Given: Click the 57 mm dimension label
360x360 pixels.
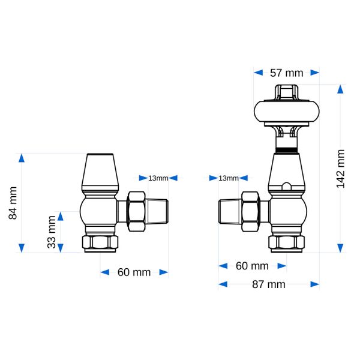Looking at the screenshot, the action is pos(286,73).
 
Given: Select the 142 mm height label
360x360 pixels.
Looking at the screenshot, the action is pos(340,169).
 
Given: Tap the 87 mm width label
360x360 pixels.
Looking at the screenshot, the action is pos(269,284).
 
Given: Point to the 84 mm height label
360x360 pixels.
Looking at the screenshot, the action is pos(13,203).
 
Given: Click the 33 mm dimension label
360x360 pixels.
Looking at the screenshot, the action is pos(52,232).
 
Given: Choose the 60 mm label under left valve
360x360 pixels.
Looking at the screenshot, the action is pos(134,272).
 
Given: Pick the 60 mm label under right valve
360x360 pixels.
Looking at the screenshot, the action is pos(252,266).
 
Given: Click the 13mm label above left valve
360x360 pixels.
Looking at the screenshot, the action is pos(158,178).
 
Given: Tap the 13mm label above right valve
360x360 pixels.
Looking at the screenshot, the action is pos(229,178).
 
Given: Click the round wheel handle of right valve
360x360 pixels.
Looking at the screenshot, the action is pos(287,112).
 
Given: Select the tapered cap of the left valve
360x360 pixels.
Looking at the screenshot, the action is pos(100,173).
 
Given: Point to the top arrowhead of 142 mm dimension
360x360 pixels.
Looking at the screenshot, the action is pos(340,89).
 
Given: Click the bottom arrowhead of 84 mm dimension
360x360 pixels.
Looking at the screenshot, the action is pos(22,248).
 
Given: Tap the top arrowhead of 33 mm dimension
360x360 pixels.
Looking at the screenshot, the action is pos(61,216).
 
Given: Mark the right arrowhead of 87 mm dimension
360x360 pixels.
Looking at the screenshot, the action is pos(315,284).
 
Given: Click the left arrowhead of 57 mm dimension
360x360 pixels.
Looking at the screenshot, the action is pos(258,73).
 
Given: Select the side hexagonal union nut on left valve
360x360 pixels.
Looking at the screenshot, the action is pos(136,211).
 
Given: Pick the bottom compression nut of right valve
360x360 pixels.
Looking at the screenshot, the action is pos(287,244).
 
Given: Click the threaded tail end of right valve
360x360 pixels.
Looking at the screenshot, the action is pos(229,212).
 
